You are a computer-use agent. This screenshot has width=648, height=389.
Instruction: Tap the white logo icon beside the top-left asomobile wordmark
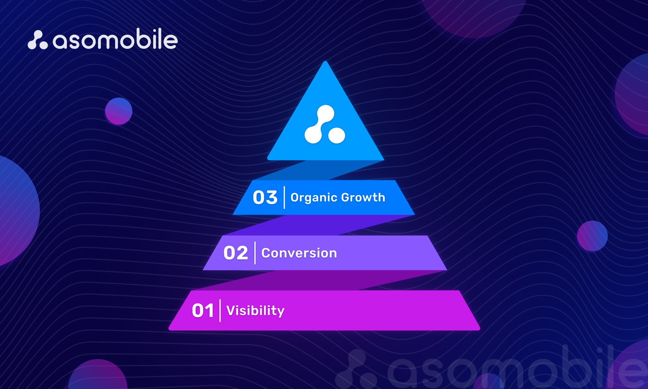point(38,40)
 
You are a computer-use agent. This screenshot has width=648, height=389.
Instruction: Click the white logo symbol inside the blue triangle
point(325,124)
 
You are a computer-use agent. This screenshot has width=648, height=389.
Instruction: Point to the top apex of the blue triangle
point(325,61)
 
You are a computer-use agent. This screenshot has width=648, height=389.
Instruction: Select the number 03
point(265,198)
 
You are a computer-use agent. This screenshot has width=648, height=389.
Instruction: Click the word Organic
point(314,198)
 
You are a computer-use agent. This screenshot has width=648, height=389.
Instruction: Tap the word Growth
point(363,197)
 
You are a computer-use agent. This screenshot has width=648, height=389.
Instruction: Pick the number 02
point(236,253)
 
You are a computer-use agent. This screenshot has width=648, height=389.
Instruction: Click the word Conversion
point(299,253)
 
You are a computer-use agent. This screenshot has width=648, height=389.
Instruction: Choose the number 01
point(203,311)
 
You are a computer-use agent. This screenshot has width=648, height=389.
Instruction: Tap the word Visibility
point(256,311)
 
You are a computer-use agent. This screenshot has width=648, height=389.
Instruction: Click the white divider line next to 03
point(284,198)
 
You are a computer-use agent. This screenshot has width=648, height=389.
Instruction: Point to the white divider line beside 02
point(255,253)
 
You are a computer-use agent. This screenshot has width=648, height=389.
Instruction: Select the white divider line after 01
point(220,311)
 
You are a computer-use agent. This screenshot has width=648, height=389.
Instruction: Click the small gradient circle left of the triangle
point(119,111)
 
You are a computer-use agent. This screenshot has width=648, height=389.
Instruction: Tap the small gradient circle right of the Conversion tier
point(592,236)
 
